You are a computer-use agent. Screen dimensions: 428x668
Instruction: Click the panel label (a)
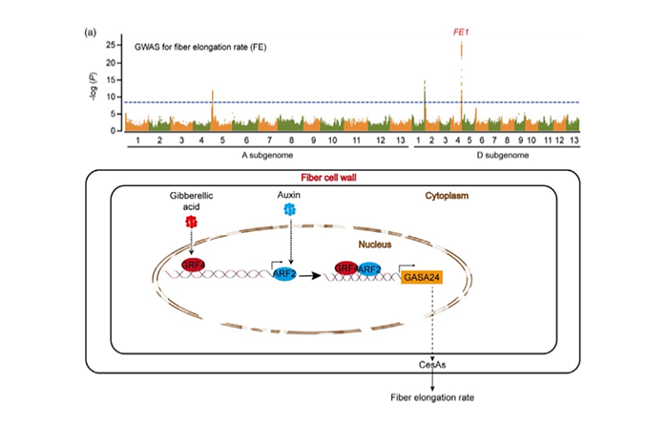click(91, 32)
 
